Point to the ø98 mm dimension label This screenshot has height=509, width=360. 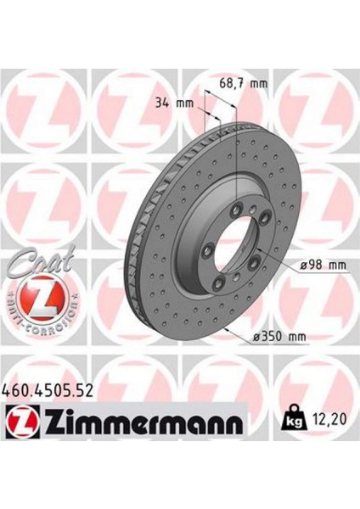pos(322,266)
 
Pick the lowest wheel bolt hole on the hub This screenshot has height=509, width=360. pos(220,283)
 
